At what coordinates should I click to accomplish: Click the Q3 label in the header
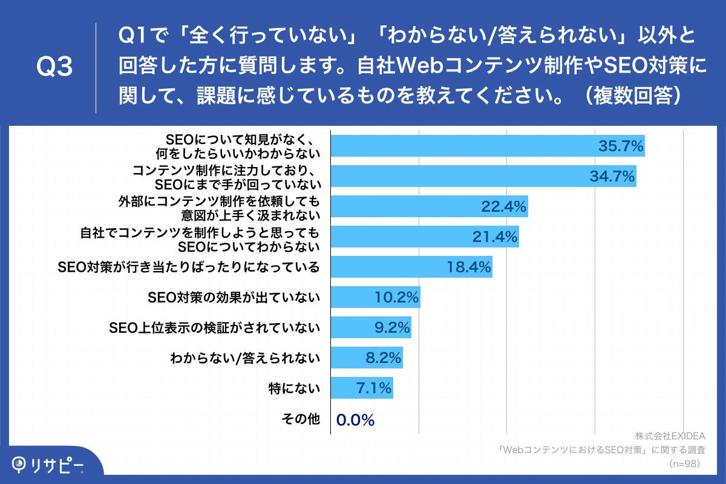coord(54,68)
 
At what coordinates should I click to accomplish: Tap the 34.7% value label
coord(612,177)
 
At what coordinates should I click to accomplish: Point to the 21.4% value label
coord(495,237)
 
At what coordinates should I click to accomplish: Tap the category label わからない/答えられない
coord(245,358)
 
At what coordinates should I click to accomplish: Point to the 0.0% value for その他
coord(355,419)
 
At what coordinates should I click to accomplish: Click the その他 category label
coord(301,419)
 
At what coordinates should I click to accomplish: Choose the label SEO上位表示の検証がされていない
coord(214,328)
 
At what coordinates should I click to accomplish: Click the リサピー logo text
coord(57,465)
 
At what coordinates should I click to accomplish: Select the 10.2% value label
coord(397,298)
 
